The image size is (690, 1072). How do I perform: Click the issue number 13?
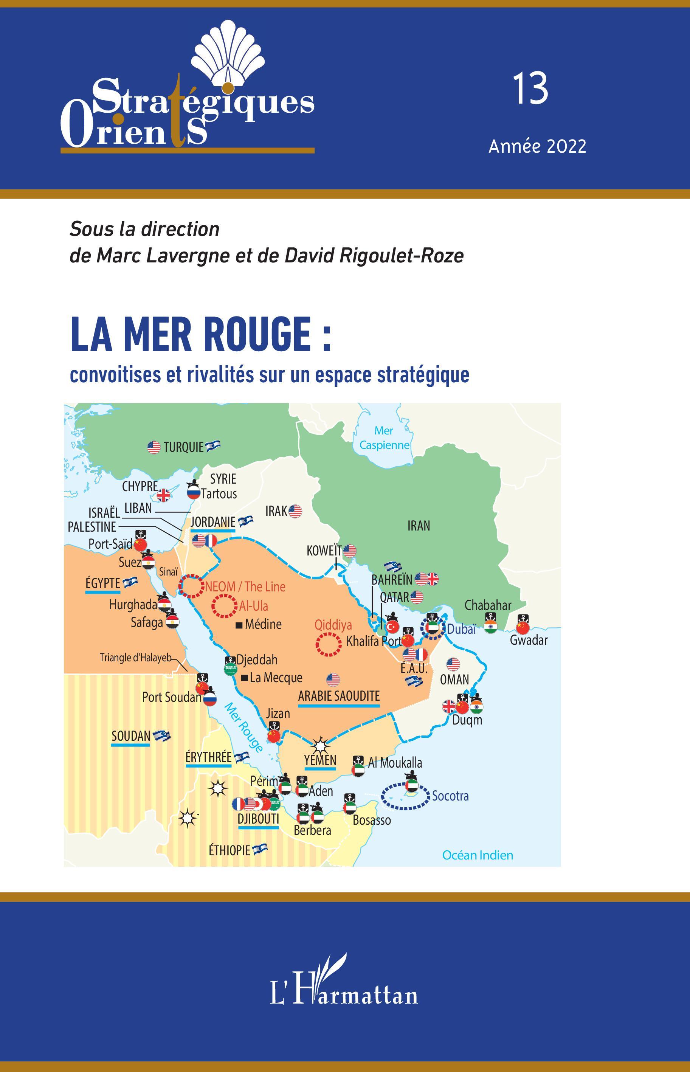tap(530, 89)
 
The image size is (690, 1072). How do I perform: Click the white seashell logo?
tap(228, 53)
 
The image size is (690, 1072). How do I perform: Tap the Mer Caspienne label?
tap(385, 437)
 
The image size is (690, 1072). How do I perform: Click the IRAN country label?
tap(419, 526)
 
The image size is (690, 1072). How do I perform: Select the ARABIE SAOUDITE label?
tap(339, 696)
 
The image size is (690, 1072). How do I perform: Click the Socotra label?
tap(450, 796)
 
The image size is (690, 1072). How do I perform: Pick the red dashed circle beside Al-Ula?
tap(224, 606)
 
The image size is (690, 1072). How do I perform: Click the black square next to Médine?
tap(239, 625)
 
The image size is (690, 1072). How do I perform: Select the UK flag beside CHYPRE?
tap(164, 495)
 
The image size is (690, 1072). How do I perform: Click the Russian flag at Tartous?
tap(194, 493)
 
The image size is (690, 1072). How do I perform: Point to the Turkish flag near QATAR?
tap(392, 626)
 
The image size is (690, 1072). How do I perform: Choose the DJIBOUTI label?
tap(258, 819)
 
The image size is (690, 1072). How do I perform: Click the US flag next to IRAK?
tap(295, 511)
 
